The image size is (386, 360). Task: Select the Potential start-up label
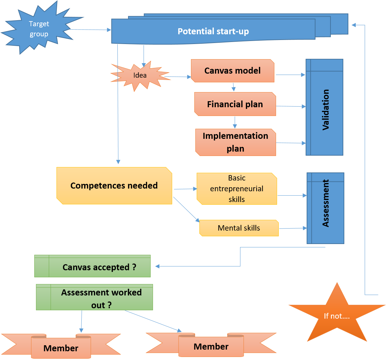(213, 31)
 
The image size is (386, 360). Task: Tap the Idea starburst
(140, 76)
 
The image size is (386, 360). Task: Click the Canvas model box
(233, 71)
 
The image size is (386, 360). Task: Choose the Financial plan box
(235, 104)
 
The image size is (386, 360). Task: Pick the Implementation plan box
(236, 142)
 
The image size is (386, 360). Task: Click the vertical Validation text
(326, 110)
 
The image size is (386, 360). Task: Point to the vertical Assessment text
(326, 203)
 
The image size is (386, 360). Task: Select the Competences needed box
(114, 186)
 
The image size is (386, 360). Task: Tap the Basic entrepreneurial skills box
(237, 189)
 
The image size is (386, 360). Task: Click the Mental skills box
(239, 228)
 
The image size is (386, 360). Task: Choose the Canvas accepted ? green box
(92, 266)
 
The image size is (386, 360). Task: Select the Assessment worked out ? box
(94, 297)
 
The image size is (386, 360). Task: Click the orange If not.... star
(337, 314)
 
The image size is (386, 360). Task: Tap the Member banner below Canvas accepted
(61, 346)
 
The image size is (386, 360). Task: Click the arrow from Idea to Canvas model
(178, 77)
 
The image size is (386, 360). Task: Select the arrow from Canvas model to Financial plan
(233, 87)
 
